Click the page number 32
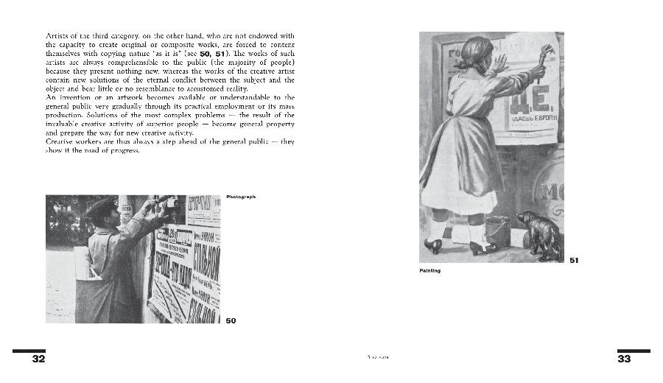[38, 359]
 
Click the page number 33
[624, 359]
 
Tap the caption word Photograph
[241, 196]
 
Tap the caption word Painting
[429, 270]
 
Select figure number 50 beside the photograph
[231, 320]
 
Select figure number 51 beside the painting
[575, 259]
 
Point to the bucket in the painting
[497, 231]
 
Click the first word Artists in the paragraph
[58, 35]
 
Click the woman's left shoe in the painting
[435, 245]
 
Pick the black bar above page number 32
[29, 351]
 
